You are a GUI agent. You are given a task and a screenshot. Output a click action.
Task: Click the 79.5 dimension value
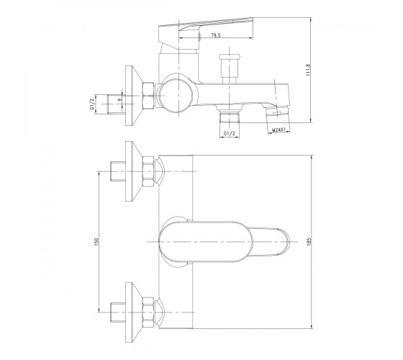[216, 35]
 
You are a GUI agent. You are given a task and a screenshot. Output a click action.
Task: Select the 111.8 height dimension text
[309, 70]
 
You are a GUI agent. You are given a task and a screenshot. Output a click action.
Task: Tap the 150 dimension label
[96, 242]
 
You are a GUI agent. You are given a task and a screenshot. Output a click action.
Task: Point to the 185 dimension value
[309, 242]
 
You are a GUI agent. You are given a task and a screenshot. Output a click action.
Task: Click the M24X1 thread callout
[279, 130]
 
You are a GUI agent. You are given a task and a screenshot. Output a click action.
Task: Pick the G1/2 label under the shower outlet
[230, 134]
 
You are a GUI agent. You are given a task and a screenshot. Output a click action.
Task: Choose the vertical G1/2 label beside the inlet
[92, 104]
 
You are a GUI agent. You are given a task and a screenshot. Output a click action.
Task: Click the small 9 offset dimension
[119, 99]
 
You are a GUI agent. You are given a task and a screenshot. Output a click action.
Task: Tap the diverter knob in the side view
[230, 68]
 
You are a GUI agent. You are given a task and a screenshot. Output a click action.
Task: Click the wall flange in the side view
[133, 96]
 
